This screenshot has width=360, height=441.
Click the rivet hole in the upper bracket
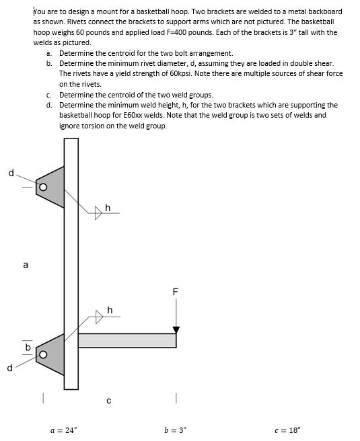(x=42, y=187)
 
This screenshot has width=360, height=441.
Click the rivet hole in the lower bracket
(x=42, y=354)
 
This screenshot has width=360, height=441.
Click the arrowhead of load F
(x=176, y=329)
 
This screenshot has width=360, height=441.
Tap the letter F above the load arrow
(x=176, y=292)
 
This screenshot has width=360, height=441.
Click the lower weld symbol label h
(x=110, y=310)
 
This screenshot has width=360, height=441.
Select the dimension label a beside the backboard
(x=26, y=265)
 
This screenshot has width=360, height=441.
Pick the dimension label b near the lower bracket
(x=28, y=348)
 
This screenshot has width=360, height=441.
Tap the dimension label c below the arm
(x=109, y=401)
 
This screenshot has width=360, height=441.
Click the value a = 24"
(x=65, y=430)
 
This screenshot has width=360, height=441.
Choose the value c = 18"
(x=289, y=430)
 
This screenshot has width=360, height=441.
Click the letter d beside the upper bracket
(x=11, y=173)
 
